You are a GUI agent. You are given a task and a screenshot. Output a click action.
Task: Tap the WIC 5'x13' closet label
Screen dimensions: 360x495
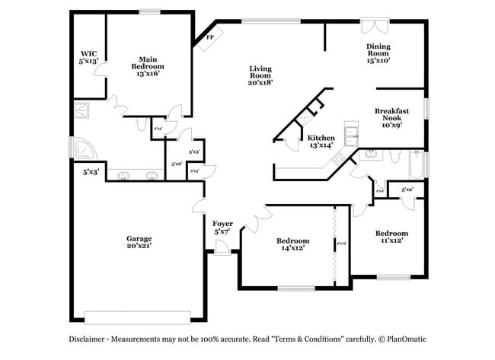pyautogui.click(x=88, y=57)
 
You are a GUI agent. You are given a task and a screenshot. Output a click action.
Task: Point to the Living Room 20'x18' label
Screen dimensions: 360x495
pyautogui.click(x=260, y=75)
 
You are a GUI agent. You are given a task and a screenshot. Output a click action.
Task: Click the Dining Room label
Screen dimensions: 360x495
pyautogui.click(x=378, y=53)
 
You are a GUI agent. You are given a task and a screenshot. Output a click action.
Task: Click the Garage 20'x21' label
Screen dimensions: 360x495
pyautogui.click(x=139, y=242)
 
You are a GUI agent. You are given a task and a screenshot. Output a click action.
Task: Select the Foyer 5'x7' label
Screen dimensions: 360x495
pyautogui.click(x=222, y=227)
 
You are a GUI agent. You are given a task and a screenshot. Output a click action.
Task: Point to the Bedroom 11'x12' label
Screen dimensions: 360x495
pyautogui.click(x=391, y=236)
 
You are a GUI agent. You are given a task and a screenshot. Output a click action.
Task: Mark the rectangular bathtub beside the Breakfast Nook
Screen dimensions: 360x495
pyautogui.click(x=416, y=165)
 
